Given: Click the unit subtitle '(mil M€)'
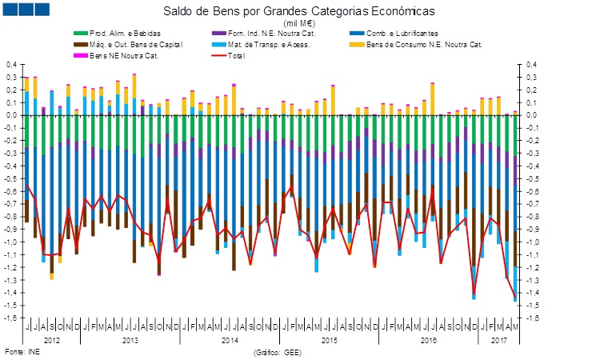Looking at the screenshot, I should tap(301, 24).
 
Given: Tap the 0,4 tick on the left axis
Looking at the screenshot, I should tap(12, 64).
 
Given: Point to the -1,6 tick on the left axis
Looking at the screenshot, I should tap(11, 318).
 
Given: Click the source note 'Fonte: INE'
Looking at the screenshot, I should tap(22, 351).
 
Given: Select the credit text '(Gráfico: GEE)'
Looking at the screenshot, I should tap(278, 351).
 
